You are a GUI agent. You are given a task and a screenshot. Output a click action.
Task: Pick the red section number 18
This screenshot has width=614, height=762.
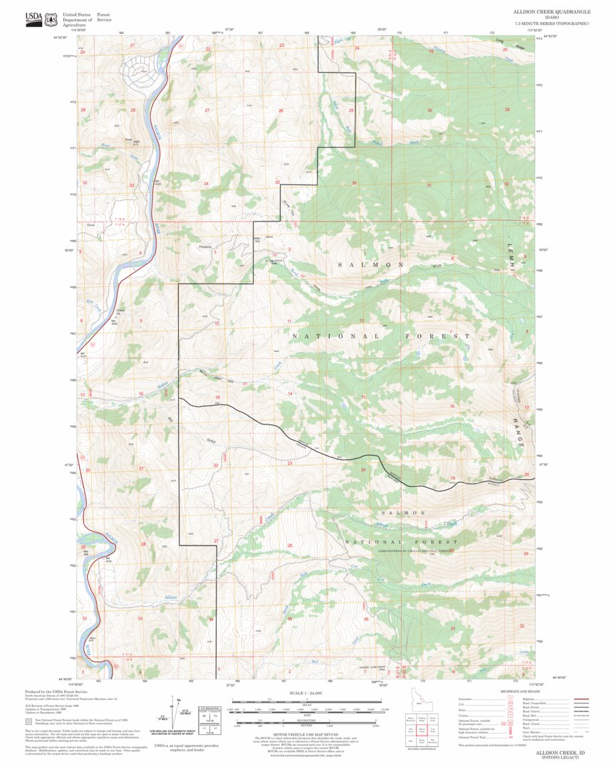(452, 406)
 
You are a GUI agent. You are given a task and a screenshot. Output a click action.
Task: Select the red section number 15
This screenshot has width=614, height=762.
(217, 397)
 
